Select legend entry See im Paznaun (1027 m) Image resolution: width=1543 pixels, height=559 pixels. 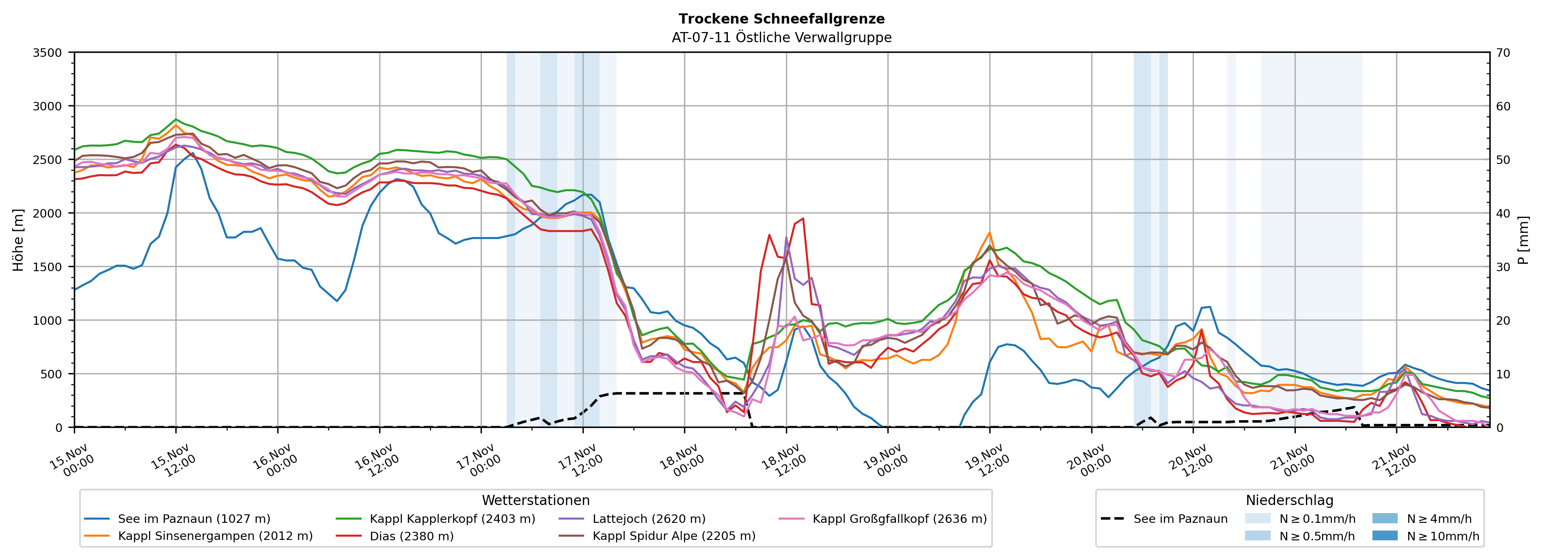pyautogui.click(x=194, y=519)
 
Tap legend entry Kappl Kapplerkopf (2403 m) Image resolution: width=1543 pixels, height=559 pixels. pyautogui.click(x=452, y=519)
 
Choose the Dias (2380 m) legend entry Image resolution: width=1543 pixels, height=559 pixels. pyautogui.click(x=412, y=535)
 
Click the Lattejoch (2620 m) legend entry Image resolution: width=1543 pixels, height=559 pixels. pyautogui.click(x=649, y=519)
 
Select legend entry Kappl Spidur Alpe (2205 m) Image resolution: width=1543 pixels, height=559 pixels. pyautogui.click(x=674, y=535)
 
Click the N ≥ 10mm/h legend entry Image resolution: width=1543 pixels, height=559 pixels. pyautogui.click(x=1442, y=535)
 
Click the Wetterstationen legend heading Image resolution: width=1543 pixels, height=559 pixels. pyautogui.click(x=535, y=500)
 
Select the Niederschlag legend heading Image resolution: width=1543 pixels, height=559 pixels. pyautogui.click(x=1289, y=500)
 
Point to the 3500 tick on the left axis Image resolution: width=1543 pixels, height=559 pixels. pyautogui.click(x=47, y=53)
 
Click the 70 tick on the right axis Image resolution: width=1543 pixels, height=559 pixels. pyautogui.click(x=1503, y=53)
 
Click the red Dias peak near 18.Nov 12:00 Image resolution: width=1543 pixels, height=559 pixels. pyautogui.click(x=803, y=219)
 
